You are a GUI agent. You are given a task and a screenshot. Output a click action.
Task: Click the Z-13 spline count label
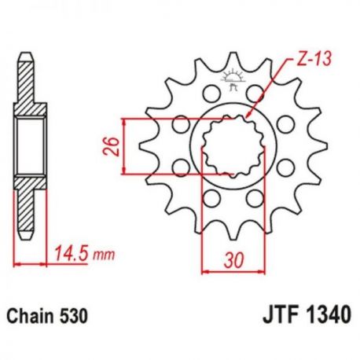point(314,60)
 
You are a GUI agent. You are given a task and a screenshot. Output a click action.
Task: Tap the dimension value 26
point(112,146)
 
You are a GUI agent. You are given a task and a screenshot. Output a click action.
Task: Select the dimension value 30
point(233,260)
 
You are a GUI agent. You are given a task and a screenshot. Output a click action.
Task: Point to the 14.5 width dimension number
point(71,253)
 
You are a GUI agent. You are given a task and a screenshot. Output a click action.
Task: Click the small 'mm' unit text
point(104,255)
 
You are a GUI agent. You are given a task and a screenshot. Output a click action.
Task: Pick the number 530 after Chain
point(74,316)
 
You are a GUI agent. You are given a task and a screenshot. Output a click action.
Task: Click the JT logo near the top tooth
point(233,79)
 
